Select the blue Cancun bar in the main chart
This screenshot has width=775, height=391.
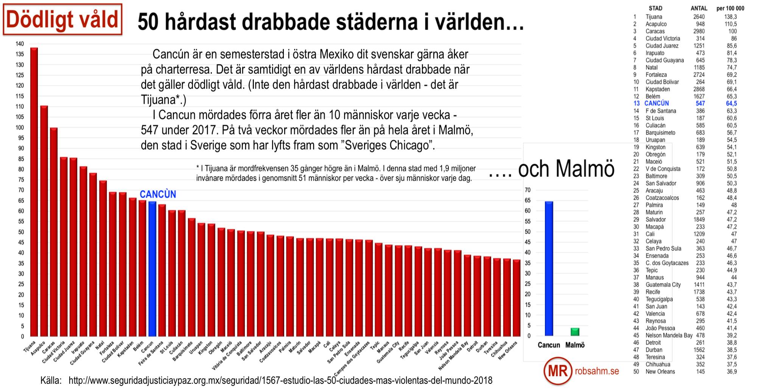pyautogui.click(x=152, y=269)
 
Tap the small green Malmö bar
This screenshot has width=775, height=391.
pyautogui.click(x=575, y=332)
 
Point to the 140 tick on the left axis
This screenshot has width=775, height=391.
pyautogui.click(x=20, y=44)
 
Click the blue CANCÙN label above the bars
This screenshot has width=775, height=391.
pyautogui.click(x=158, y=194)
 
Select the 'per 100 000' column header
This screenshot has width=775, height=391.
pyautogui.click(x=730, y=8)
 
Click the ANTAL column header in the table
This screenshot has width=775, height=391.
pyautogui.click(x=699, y=8)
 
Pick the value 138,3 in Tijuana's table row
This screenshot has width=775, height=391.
pyautogui.click(x=730, y=17)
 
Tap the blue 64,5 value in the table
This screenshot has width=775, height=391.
pyautogui.click(x=731, y=103)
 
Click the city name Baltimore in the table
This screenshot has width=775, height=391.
pyautogui.click(x=656, y=176)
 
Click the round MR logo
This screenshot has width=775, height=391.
pyautogui.click(x=558, y=371)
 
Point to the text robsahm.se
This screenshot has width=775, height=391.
pyautogui.click(x=597, y=371)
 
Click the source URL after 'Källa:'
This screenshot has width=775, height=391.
pyautogui.click(x=280, y=380)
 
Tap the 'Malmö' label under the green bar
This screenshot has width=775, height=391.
pyautogui.click(x=575, y=345)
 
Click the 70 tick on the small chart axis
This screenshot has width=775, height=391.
pyautogui.click(x=528, y=190)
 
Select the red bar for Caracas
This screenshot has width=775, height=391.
pyautogui.click(x=54, y=231)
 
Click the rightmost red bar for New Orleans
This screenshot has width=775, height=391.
pyautogui.click(x=517, y=298)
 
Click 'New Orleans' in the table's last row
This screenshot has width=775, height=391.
pyautogui.click(x=660, y=372)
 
